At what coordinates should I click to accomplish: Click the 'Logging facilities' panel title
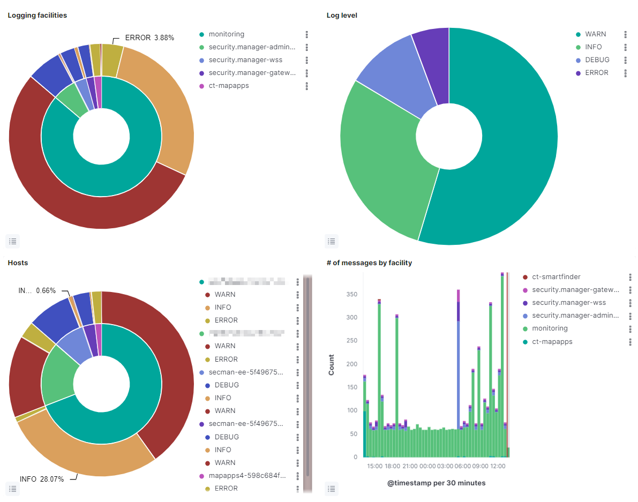tap(37, 16)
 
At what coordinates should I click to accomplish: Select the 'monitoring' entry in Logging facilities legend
tap(226, 34)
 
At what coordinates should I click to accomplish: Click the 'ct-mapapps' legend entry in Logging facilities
tap(228, 86)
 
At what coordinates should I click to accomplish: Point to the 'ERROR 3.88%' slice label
tap(149, 38)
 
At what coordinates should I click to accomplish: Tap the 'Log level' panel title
tap(342, 16)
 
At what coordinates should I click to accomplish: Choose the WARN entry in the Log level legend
tap(595, 34)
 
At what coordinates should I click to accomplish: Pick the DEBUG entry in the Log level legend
tap(597, 60)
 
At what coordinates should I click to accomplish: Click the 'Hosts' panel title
tap(18, 263)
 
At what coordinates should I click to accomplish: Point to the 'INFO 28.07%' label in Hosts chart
tap(42, 479)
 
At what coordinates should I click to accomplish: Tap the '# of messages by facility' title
tap(369, 263)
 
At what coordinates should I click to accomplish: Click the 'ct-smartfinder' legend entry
tap(556, 277)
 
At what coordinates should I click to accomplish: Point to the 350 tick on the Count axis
tap(351, 294)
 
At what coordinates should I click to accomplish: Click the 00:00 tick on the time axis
tap(427, 466)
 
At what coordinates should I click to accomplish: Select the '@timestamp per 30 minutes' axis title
tap(436, 483)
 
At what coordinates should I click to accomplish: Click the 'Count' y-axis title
tap(332, 364)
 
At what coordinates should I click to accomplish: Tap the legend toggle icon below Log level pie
tap(332, 242)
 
